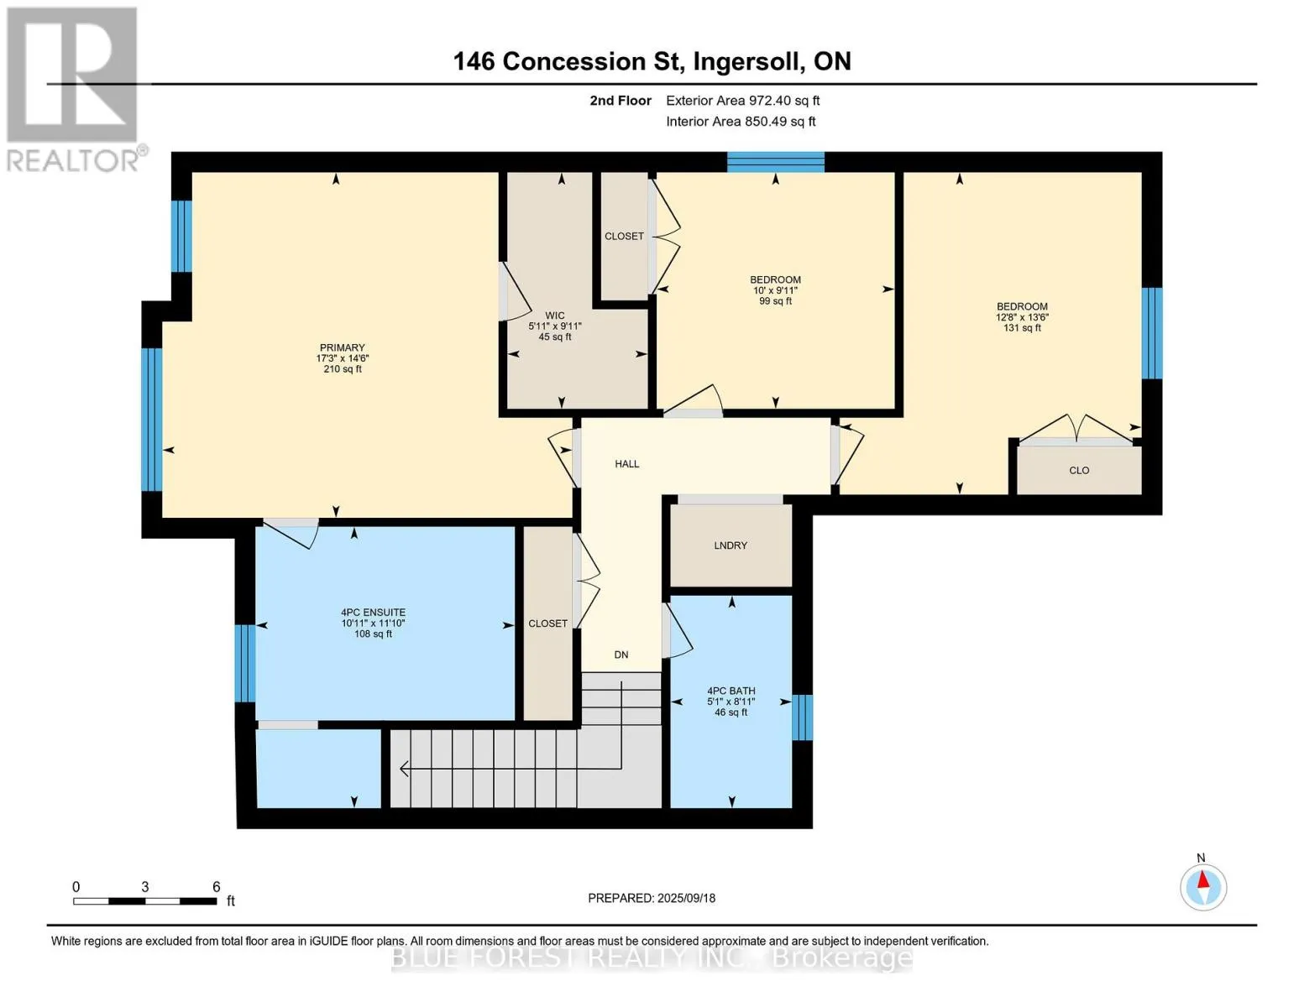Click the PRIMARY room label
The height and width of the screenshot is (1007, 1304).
click(x=342, y=348)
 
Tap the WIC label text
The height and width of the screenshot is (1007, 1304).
click(x=554, y=316)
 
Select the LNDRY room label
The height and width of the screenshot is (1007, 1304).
click(x=731, y=545)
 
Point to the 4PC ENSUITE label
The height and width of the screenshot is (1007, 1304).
click(x=374, y=613)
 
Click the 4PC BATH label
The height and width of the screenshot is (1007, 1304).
click(x=731, y=691)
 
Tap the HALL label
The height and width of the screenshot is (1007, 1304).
click(x=627, y=463)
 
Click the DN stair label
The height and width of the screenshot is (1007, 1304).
click(x=621, y=655)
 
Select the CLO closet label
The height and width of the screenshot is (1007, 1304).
click(x=1079, y=471)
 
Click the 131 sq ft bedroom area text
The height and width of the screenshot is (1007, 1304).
click(x=1022, y=328)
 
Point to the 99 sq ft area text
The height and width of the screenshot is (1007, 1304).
click(x=775, y=301)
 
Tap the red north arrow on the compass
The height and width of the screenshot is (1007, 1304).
click(x=1203, y=879)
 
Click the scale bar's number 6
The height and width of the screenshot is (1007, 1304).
click(x=217, y=886)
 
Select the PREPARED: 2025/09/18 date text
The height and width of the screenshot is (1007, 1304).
click(x=652, y=899)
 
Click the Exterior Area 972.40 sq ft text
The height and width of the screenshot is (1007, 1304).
click(x=743, y=101)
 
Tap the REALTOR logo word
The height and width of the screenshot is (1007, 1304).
click(x=72, y=161)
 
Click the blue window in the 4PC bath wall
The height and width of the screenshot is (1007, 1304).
click(x=803, y=717)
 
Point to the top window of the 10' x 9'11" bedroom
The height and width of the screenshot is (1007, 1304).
click(x=775, y=162)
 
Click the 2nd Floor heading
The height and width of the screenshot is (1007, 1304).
click(x=621, y=101)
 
